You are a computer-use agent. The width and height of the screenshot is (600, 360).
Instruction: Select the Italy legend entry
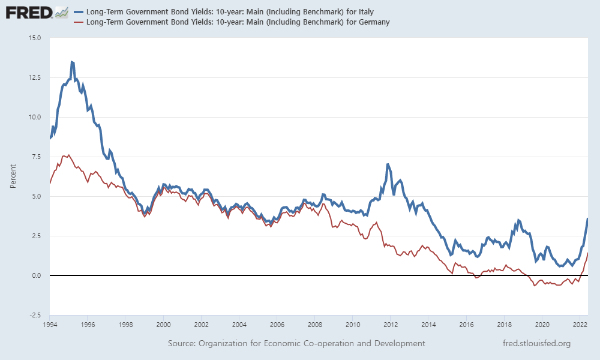[235, 11]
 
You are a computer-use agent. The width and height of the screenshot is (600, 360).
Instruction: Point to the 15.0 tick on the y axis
[35, 38]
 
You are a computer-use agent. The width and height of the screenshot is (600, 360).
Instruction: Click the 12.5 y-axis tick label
[35, 77]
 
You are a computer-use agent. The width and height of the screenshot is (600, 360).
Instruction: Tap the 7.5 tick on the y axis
[37, 157]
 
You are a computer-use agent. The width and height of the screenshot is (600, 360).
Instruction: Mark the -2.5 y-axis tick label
[35, 315]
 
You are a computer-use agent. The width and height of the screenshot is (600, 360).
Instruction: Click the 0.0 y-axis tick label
[37, 275]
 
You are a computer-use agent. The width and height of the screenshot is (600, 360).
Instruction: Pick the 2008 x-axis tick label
[314, 325]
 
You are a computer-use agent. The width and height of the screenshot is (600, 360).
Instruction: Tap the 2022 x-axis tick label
[580, 325]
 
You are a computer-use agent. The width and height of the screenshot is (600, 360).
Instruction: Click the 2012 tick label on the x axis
[390, 325]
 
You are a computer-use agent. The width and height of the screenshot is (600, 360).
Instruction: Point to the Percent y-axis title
[13, 176]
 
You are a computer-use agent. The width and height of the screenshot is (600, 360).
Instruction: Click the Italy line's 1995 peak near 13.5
[72, 62]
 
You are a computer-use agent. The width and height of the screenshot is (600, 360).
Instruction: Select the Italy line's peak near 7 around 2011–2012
[388, 164]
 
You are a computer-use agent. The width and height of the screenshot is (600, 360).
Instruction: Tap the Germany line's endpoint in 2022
[587, 253]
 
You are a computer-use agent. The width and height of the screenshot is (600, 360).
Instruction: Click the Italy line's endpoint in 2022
[587, 218]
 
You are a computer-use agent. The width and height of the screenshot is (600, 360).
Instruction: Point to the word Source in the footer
[182, 343]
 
